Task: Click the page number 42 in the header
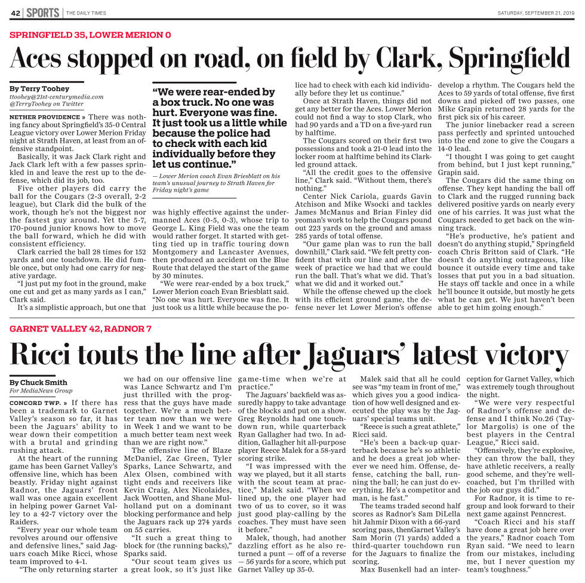[x=16, y=13]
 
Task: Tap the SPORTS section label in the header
[x=42, y=13]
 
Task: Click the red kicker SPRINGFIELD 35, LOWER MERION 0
[x=90, y=34]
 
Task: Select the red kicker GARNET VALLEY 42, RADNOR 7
[x=81, y=329]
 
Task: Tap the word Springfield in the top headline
[x=510, y=59]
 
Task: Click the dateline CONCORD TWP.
[x=33, y=403]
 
